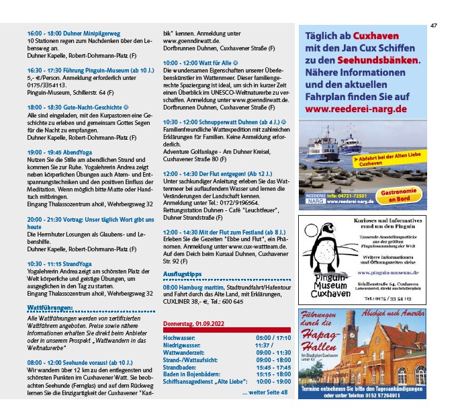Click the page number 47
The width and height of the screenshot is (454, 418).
pos(434,26)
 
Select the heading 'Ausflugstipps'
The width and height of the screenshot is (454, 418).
pos(183,274)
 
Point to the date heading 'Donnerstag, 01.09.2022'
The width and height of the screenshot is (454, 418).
pos(194,324)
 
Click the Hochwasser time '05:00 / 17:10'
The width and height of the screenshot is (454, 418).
pos(273,337)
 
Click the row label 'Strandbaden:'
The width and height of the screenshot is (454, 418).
pos(179,368)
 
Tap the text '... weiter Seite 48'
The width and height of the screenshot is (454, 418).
pos(265,392)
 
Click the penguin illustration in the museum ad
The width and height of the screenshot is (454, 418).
pos(320,244)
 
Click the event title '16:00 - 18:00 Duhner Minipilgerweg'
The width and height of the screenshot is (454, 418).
pos(73,33)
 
